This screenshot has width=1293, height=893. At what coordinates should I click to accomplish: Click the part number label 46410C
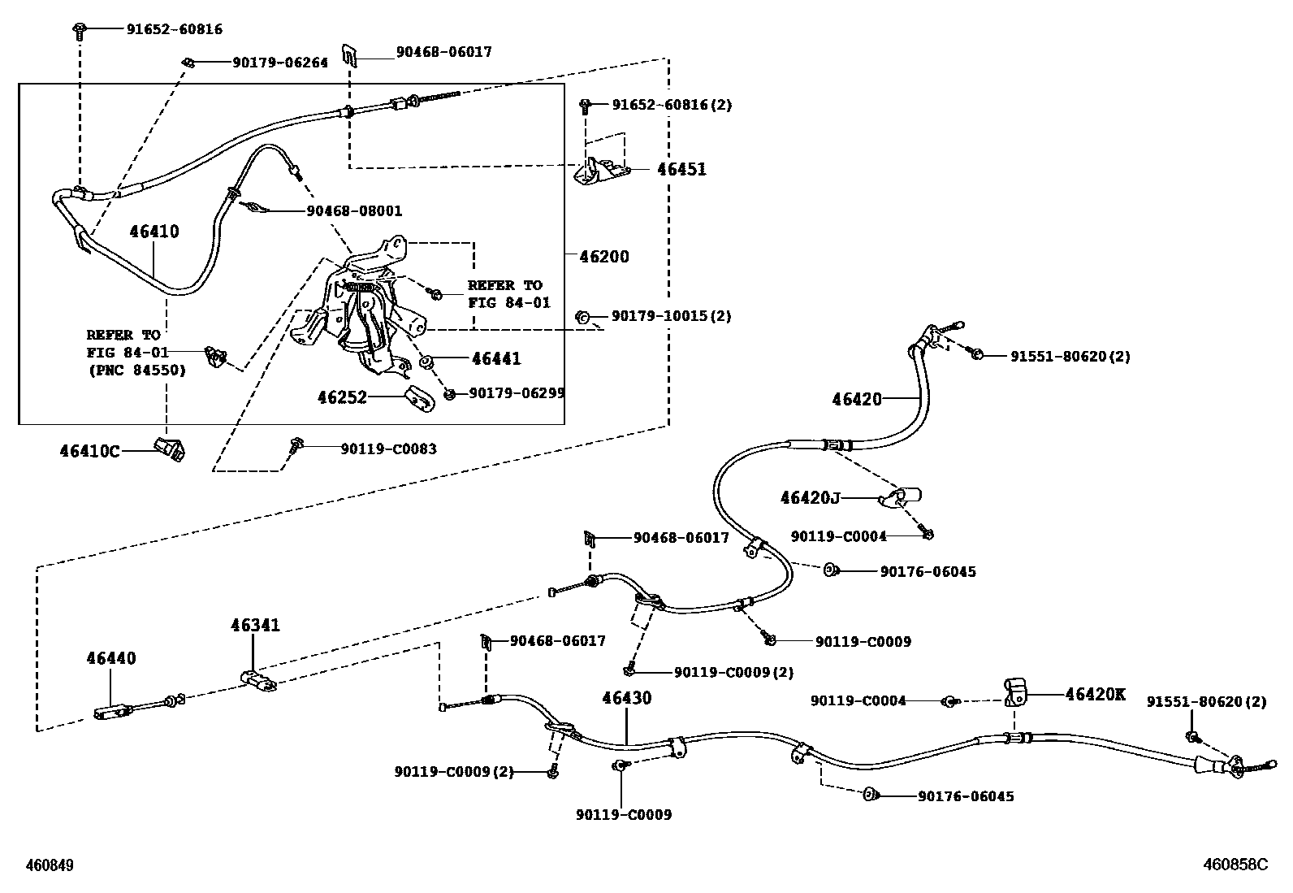coord(89,449)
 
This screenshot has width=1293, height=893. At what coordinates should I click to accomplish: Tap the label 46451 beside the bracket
coord(681,170)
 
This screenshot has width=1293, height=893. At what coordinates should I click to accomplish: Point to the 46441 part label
coord(496,358)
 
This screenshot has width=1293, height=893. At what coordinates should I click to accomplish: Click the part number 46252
coord(342,397)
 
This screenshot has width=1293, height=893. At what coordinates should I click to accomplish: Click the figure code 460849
coord(50,866)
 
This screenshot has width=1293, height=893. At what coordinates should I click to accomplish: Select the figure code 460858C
coord(1235,865)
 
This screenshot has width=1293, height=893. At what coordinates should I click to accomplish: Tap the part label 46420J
coord(810,497)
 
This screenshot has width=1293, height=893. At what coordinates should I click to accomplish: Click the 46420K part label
coord(1095,694)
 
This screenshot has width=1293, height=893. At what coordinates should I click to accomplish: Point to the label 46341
coord(255,625)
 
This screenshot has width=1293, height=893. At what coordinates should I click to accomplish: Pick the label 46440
coord(111,658)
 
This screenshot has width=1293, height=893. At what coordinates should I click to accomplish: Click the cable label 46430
coord(626,698)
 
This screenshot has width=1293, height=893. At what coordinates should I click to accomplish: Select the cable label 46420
coord(856,399)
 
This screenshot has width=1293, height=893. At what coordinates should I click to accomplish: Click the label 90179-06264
coord(280,63)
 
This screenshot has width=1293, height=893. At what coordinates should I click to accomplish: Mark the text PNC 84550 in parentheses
coord(136,371)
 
